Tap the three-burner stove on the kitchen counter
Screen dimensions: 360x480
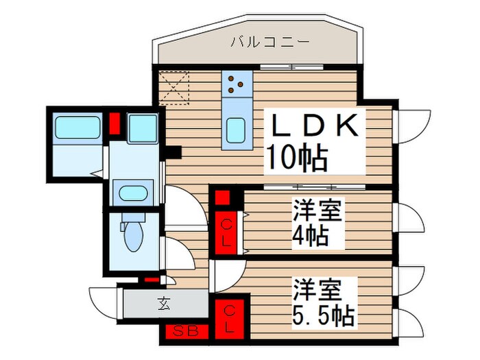(235, 83)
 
